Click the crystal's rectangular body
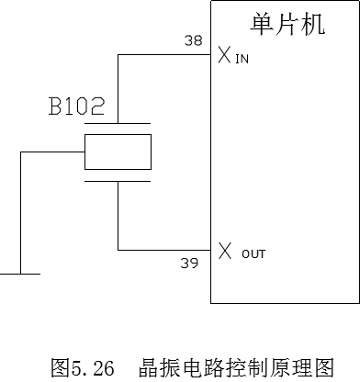coord(118,152)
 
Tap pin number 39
coord(189,264)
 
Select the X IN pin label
coord(233,56)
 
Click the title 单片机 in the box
coord(287,24)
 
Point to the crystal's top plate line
coord(118,123)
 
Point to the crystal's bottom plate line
coord(118,181)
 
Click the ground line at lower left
coord(18,273)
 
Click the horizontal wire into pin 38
coord(165,55)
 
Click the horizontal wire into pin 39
coord(165,250)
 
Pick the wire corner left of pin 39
coord(118,250)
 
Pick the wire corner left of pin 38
coord(118,55)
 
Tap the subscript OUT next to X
coord(254,252)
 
